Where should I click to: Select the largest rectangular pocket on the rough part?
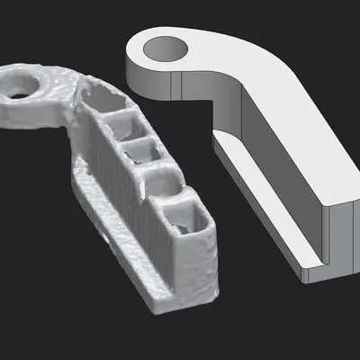192,226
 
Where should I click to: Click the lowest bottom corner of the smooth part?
310,277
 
